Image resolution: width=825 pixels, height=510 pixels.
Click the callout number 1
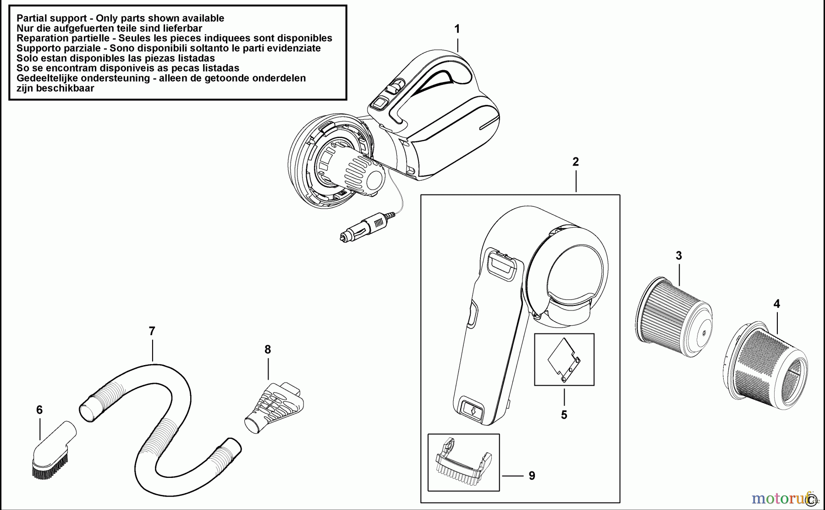(x=456, y=29)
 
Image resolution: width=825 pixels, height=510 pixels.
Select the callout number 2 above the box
(x=576, y=161)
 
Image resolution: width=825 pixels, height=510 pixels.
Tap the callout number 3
(x=679, y=255)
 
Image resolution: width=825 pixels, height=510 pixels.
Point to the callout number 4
(x=776, y=304)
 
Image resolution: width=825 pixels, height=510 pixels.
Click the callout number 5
(x=564, y=415)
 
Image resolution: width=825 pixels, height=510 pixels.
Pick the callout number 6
(x=39, y=410)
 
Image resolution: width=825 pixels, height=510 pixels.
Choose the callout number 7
(x=152, y=331)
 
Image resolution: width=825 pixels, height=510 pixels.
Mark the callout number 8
(x=268, y=349)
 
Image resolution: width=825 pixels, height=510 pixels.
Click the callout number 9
(x=532, y=476)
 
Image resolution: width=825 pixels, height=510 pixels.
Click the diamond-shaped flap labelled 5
(x=564, y=360)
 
